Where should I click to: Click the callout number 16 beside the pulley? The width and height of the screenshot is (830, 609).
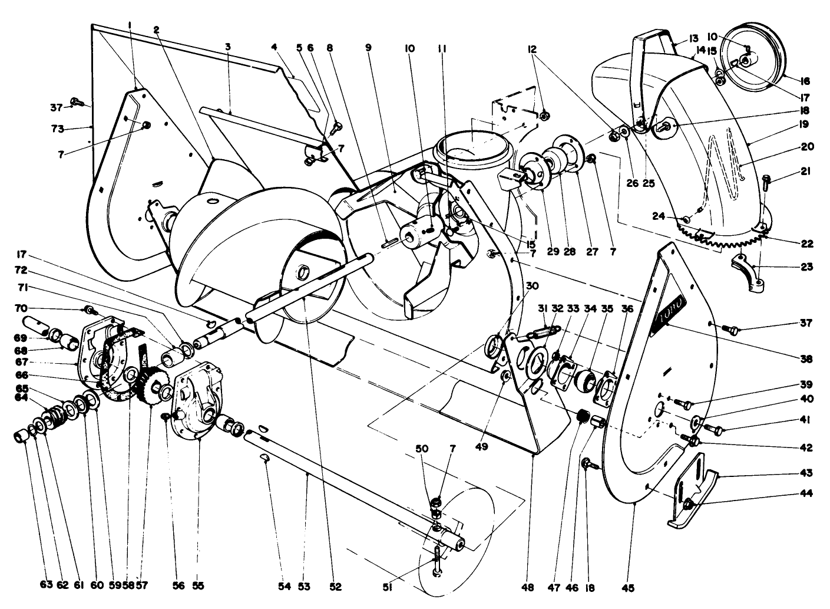pos(805,81)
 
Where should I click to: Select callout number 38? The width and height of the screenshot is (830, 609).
pos(806,358)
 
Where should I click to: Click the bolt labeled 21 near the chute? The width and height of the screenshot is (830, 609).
pos(766,181)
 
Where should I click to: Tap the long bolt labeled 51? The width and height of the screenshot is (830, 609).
pos(437,559)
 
